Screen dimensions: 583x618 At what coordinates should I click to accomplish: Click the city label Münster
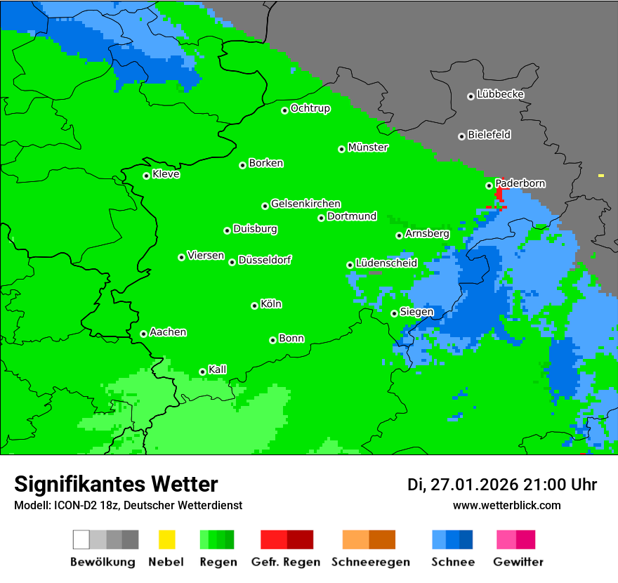click(368, 148)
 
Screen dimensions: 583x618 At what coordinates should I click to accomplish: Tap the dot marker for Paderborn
click(489, 185)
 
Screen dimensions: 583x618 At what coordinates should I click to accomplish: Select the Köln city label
click(271, 304)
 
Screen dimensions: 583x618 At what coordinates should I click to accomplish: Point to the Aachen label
click(168, 332)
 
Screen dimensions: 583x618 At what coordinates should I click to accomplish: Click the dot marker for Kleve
click(147, 176)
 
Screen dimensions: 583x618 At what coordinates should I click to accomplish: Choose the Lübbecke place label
click(500, 94)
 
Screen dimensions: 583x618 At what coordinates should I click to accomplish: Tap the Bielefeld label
click(489, 135)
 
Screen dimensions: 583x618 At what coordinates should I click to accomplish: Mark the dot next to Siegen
click(395, 313)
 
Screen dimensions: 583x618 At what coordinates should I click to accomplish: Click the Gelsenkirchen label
click(305, 204)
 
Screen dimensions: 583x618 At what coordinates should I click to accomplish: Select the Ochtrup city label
click(310, 109)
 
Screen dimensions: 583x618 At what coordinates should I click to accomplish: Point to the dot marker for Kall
click(203, 372)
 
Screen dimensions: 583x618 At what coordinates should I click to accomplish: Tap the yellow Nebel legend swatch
click(166, 539)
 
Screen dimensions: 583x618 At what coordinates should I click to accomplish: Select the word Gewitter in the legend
click(518, 562)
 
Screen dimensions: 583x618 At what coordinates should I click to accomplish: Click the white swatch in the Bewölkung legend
click(81, 539)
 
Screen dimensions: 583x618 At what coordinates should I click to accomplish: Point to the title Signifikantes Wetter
click(116, 484)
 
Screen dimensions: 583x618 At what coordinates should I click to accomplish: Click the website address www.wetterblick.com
click(506, 505)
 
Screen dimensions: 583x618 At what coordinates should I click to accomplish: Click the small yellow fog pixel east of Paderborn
click(601, 175)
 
